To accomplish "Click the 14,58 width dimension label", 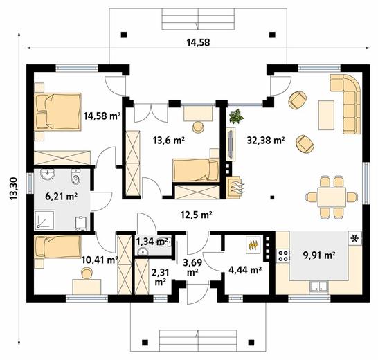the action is pyautogui.click(x=198, y=42).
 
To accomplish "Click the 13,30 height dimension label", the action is pyautogui.click(x=14, y=188).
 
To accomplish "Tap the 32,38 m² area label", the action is pyautogui.click(x=266, y=140).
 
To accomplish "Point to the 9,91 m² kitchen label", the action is pyautogui.click(x=319, y=255).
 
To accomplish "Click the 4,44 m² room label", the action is pyautogui.click(x=245, y=270).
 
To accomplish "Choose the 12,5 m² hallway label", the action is pyautogui.click(x=196, y=215).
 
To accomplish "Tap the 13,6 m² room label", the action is pyautogui.click(x=169, y=140).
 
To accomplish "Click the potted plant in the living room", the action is pyautogui.click(x=236, y=116).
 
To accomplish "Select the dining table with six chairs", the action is pyautogui.click(x=332, y=197).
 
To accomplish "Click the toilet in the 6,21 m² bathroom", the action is pyautogui.click(x=75, y=177).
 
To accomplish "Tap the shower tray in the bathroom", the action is pyautogui.click(x=45, y=220).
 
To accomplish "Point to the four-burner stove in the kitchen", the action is pyautogui.click(x=282, y=256).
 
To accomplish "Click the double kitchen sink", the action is pyautogui.click(x=318, y=286).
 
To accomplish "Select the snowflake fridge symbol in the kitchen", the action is pyautogui.click(x=355, y=238).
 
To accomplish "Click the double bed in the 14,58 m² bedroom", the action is pyautogui.click(x=57, y=112).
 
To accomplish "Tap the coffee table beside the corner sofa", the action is pyautogui.click(x=326, y=115).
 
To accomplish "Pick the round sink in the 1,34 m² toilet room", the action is pyautogui.click(x=143, y=252).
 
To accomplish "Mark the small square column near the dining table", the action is pyautogui.click(x=272, y=198).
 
